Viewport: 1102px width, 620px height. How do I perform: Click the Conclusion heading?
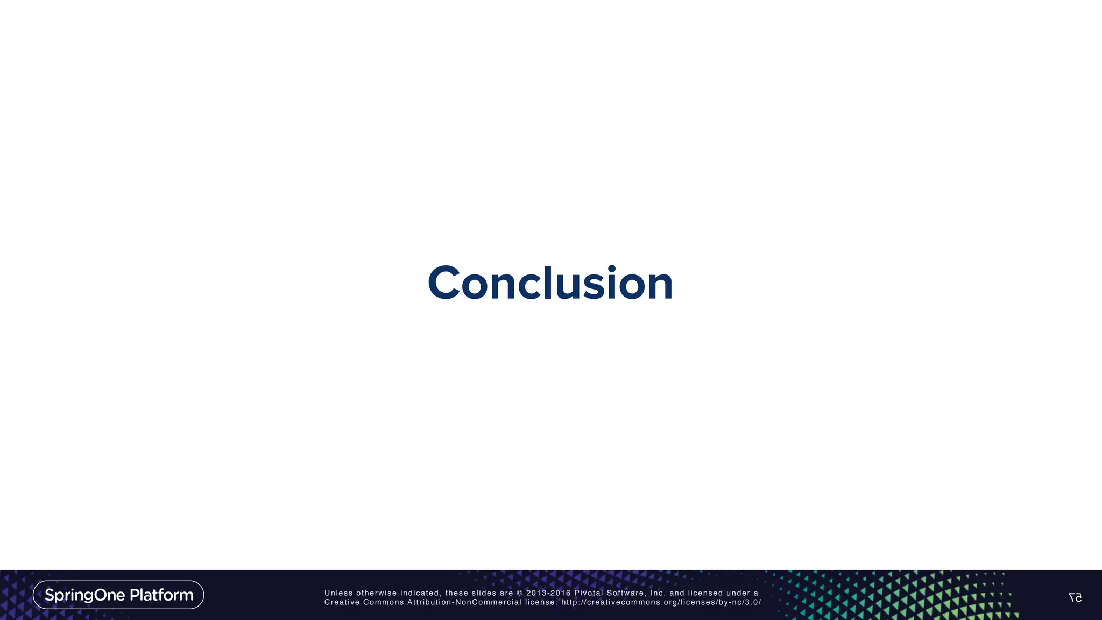(x=550, y=283)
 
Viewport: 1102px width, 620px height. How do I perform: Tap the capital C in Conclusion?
(x=444, y=283)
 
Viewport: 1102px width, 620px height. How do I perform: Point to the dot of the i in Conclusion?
(x=611, y=268)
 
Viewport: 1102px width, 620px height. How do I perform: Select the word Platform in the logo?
(x=161, y=595)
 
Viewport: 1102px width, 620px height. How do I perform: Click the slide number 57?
(x=1075, y=597)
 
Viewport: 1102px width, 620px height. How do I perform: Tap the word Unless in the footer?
(x=338, y=593)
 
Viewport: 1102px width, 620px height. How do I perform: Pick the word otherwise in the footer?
(x=376, y=593)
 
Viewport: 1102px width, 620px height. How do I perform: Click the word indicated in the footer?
(x=420, y=593)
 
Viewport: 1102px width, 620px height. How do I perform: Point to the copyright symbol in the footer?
(x=519, y=593)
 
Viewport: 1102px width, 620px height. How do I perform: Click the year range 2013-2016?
(x=548, y=593)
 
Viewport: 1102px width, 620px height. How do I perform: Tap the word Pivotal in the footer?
(x=589, y=593)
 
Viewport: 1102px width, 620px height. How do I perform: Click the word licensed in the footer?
(x=705, y=593)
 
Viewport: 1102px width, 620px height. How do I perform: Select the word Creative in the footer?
(x=342, y=602)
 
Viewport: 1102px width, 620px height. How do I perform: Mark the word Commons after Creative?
(x=383, y=602)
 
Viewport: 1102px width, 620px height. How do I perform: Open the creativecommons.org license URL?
(x=661, y=602)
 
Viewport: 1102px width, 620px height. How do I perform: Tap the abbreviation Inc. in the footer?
(x=658, y=593)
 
